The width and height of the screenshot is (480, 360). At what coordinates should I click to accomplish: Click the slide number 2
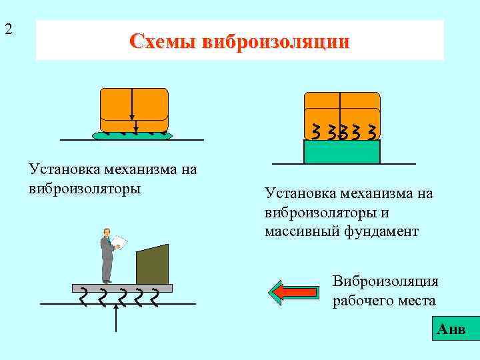(x=8, y=29)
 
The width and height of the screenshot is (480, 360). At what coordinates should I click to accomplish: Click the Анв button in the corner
(x=451, y=330)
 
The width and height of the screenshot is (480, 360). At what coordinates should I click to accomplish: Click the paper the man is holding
(x=119, y=241)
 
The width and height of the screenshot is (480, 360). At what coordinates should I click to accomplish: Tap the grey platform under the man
(x=122, y=288)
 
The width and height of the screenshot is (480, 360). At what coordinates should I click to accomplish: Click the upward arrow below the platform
(x=117, y=319)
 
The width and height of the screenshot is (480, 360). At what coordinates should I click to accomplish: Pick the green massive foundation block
(x=341, y=152)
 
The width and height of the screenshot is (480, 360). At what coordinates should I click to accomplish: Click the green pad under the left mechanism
(x=132, y=135)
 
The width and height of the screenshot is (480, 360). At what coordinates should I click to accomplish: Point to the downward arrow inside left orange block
(x=133, y=110)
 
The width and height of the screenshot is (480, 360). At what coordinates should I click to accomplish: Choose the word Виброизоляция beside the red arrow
(x=385, y=281)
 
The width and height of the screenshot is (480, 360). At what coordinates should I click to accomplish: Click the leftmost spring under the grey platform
(x=83, y=297)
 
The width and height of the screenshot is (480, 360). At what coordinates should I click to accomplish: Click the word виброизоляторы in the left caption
(x=85, y=188)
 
